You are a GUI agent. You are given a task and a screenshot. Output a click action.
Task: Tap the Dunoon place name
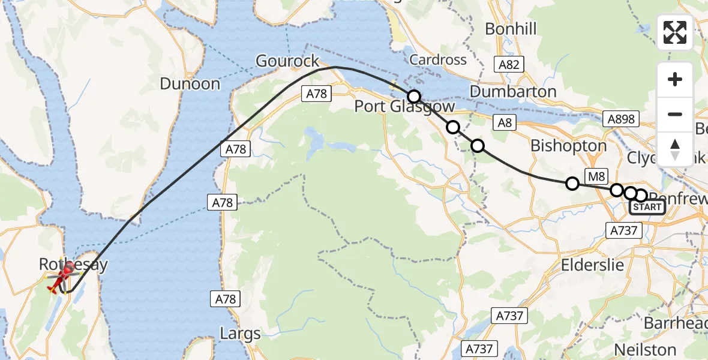pos(190,83)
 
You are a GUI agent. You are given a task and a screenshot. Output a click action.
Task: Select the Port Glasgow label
pos(404,107)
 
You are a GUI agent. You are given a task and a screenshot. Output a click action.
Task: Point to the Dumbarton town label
pos(513,92)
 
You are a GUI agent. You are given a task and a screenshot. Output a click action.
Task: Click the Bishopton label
pos(568,146)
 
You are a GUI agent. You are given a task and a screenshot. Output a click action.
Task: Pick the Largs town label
pos(240,334)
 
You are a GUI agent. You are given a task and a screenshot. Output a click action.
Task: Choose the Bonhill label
pos(511,29)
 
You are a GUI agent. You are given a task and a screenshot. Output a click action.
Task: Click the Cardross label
pos(438,59)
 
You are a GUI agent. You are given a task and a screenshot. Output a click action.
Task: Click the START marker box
pos(647,208)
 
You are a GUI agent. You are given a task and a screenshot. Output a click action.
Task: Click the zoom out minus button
pos(675,114)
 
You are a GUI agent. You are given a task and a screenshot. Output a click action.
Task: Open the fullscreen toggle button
pos(675,32)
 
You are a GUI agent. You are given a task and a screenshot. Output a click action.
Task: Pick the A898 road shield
pos(620,119)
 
